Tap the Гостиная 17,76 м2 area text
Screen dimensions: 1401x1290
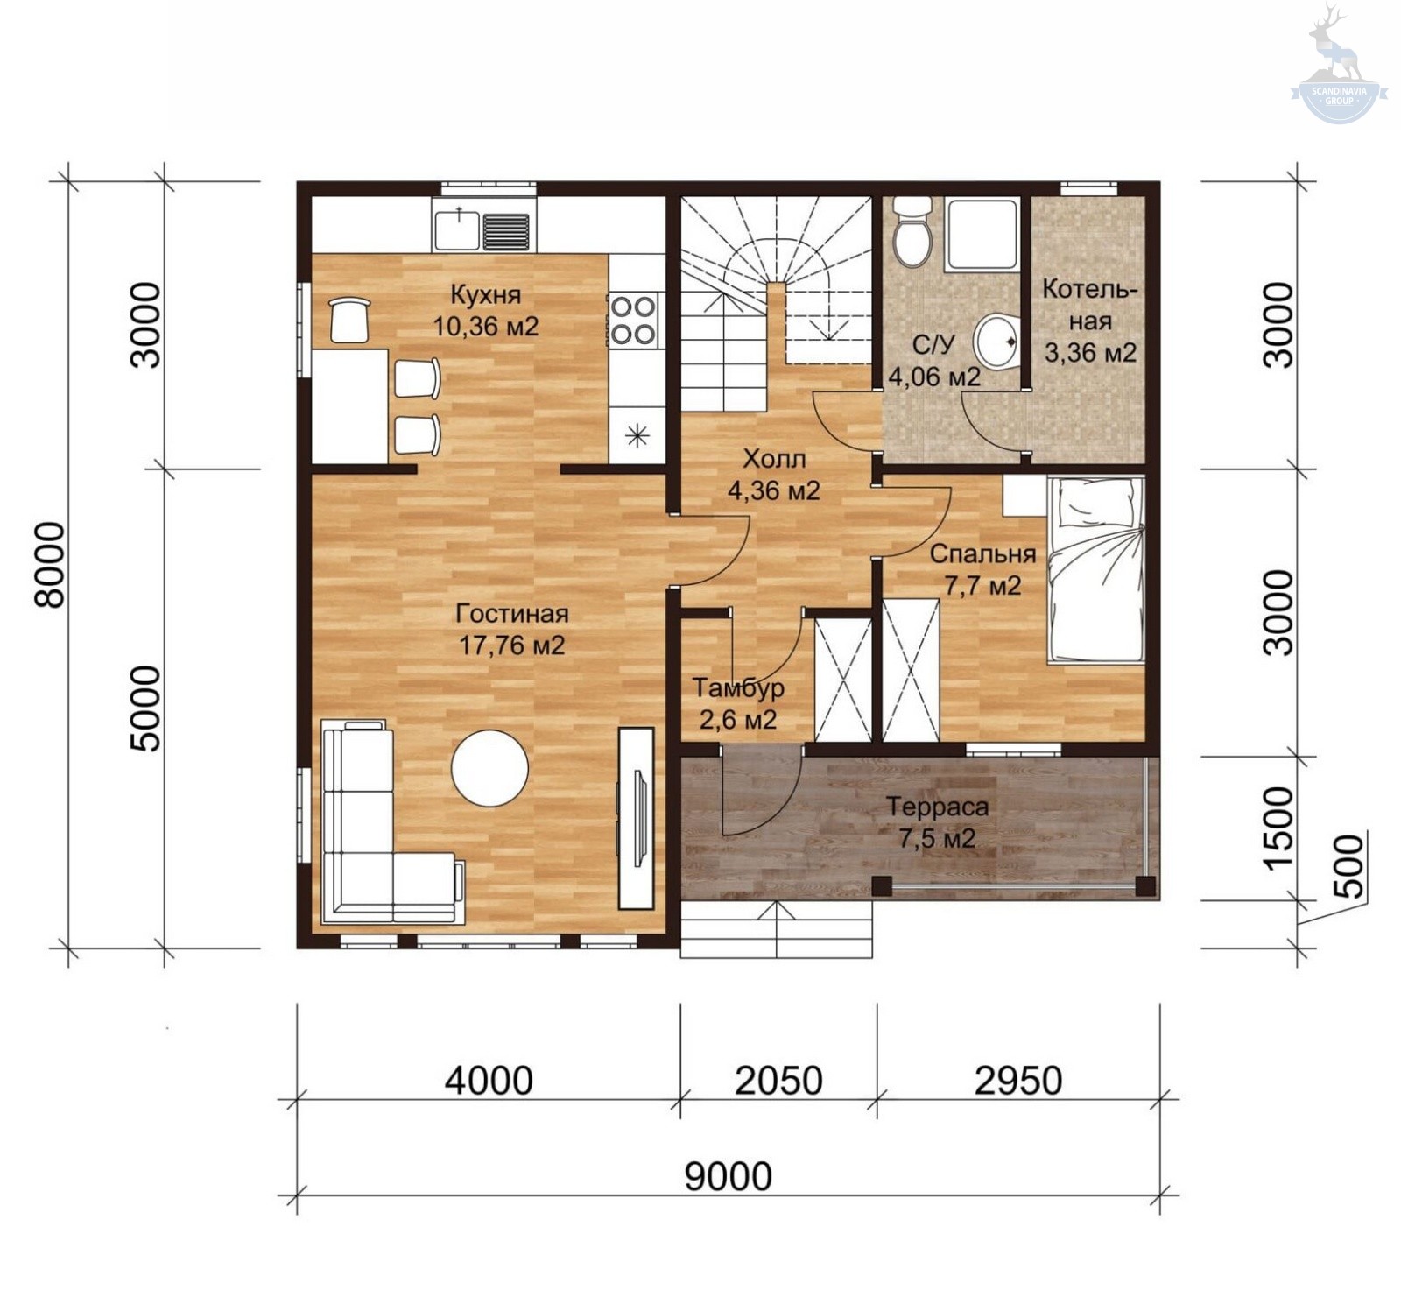(512, 630)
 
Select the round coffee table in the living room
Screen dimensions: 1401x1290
(489, 767)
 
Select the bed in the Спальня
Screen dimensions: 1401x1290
(1095, 569)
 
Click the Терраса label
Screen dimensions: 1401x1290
(937, 807)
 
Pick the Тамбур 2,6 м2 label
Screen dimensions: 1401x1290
(738, 703)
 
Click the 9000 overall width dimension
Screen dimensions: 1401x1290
(728, 1176)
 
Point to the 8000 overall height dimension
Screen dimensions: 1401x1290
(50, 565)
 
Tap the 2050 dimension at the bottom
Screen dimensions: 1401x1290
(778, 1081)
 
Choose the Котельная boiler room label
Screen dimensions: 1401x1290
(1090, 321)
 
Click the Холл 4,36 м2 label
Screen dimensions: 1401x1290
(774, 474)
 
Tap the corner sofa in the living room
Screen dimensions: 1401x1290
(391, 821)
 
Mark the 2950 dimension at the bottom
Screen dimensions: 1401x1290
(1018, 1081)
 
